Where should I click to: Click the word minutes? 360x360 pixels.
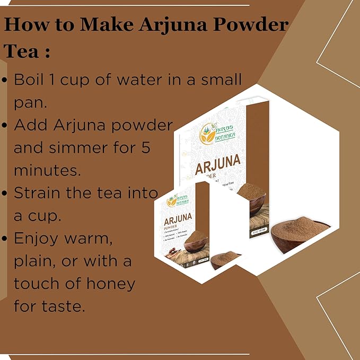pyautogui.click(x=48, y=170)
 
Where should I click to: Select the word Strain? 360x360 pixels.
pyautogui.click(x=40, y=193)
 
